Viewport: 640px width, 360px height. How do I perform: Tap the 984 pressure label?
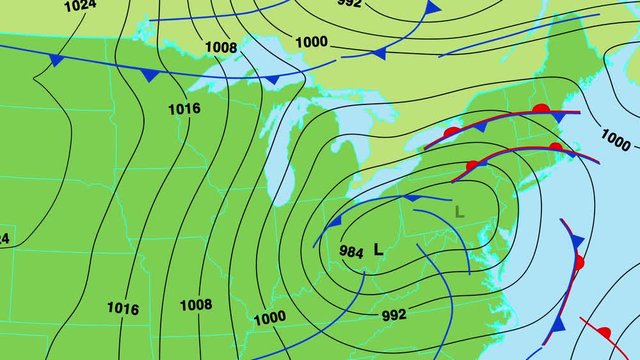point(351,251)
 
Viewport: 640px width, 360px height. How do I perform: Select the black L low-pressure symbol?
point(378,249)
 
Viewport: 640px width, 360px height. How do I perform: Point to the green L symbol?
point(460,211)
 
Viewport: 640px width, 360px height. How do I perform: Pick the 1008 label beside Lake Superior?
point(222,46)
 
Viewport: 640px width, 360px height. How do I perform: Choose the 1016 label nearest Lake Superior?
point(184,108)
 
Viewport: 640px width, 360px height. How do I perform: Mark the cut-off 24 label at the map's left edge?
point(4,238)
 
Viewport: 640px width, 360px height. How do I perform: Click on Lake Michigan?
point(283,150)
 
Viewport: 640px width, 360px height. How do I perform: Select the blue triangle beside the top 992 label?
point(431,8)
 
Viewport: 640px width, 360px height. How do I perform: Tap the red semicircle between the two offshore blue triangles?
point(579,263)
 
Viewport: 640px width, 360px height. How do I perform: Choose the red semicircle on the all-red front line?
point(603,331)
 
